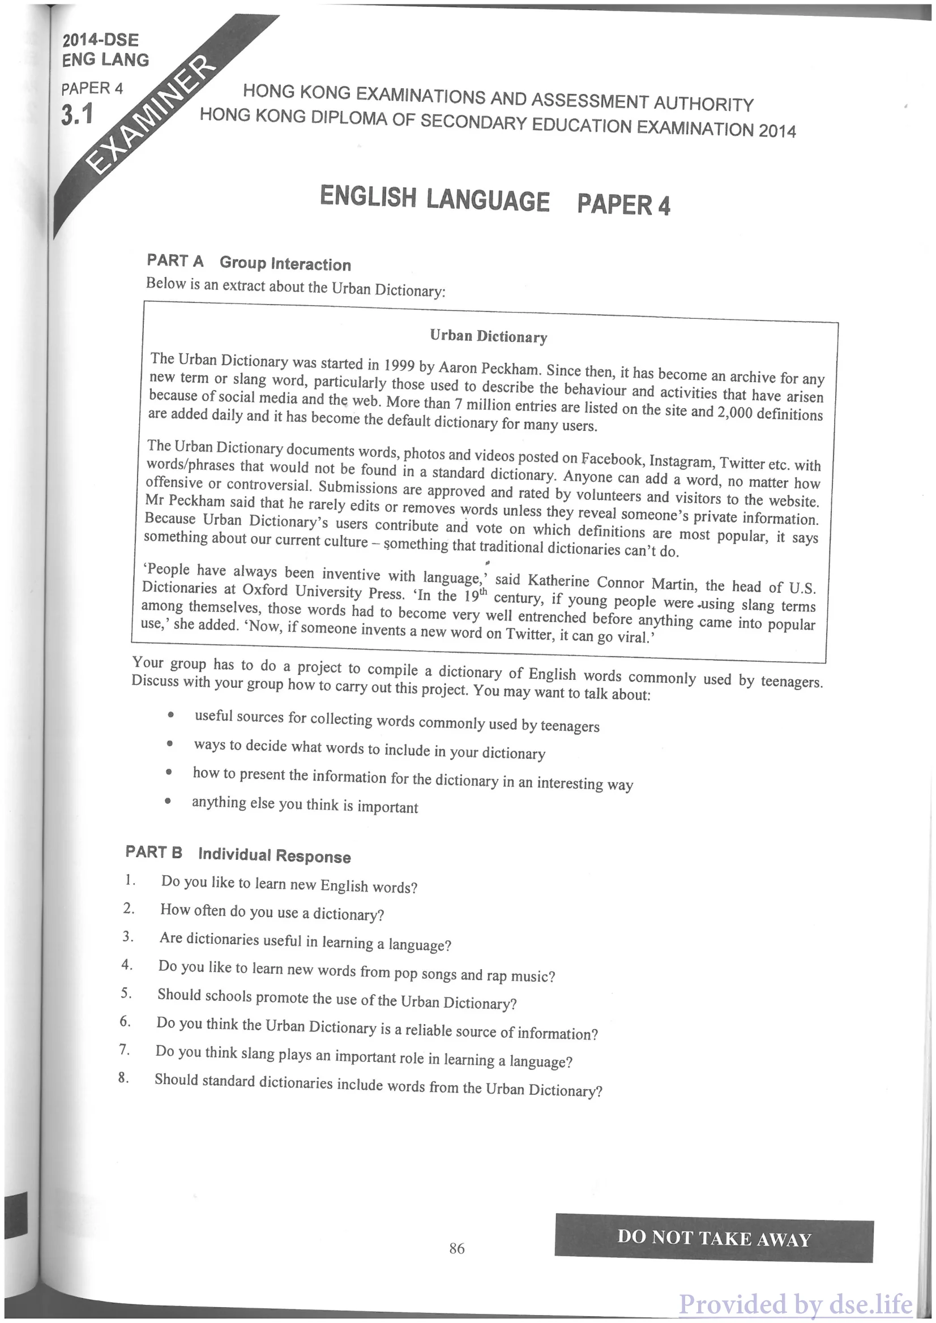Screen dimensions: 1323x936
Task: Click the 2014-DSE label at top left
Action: click(100, 40)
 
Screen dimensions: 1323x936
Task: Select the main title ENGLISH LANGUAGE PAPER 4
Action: click(494, 200)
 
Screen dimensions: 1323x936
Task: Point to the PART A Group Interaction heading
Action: click(249, 263)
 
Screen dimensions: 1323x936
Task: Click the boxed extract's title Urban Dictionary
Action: click(488, 336)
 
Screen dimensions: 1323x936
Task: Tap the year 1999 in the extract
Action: click(400, 365)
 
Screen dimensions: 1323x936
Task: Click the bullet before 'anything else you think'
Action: click(167, 801)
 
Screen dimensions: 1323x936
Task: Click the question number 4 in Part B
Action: click(127, 965)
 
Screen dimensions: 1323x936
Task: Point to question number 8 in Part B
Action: click(123, 1077)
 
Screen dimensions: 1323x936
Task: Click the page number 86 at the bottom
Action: click(456, 1248)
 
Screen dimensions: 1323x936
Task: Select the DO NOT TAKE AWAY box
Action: click(713, 1238)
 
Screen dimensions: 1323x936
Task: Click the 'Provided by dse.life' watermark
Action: click(796, 1304)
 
